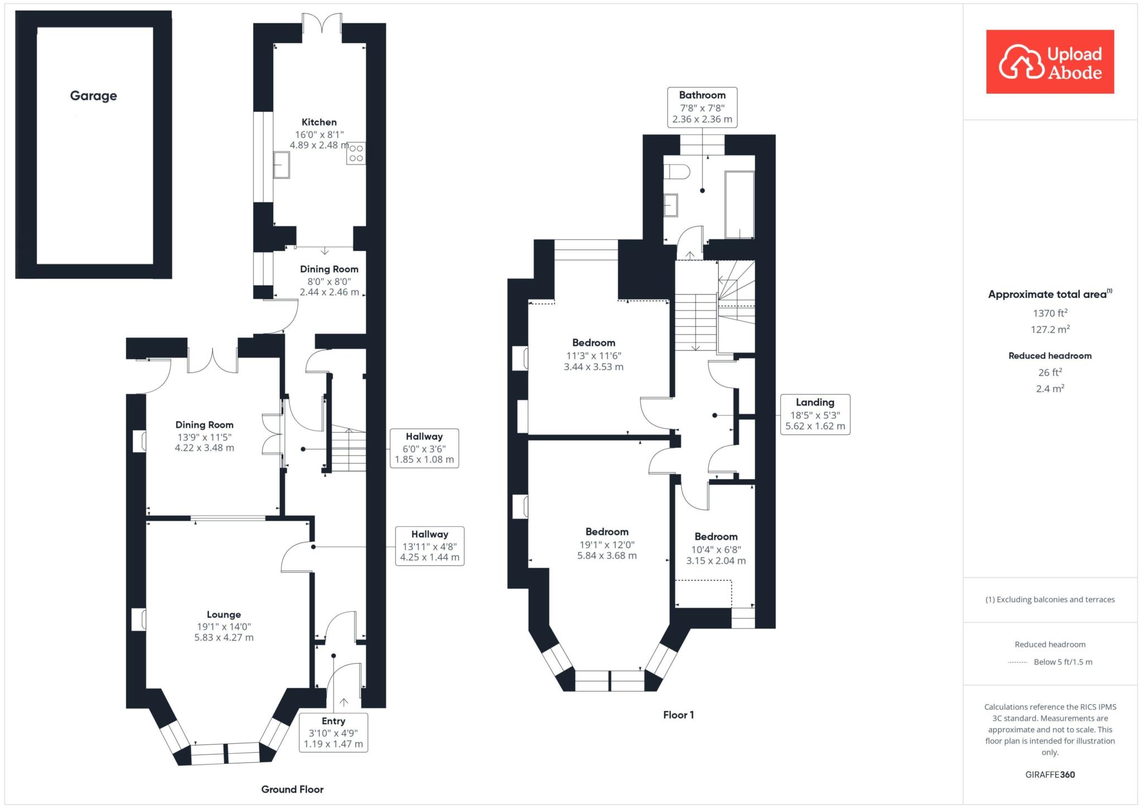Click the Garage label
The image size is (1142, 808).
coord(93,96)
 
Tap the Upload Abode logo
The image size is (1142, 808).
coord(1050,62)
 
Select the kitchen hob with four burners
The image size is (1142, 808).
coord(356,153)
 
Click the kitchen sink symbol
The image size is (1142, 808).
coord(282,164)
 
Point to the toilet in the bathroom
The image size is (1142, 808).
coord(676,172)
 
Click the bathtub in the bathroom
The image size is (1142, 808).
coord(739,205)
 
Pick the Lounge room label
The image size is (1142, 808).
coord(224,615)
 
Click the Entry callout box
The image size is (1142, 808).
coord(333,732)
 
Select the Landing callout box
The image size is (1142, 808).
coord(815,414)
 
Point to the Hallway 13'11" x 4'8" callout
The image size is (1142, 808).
coord(429,546)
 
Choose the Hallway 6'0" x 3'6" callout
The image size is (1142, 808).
coord(424,448)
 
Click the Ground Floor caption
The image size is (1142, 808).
coord(292,789)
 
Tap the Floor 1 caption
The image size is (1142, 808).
coord(679,715)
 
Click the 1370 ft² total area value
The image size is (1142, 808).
coord(1050,313)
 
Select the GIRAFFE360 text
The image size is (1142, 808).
coord(1050,775)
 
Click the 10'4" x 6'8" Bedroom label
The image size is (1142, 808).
coord(716,549)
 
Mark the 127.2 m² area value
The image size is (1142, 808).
coord(1050,330)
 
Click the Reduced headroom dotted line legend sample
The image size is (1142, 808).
coord(1018,662)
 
